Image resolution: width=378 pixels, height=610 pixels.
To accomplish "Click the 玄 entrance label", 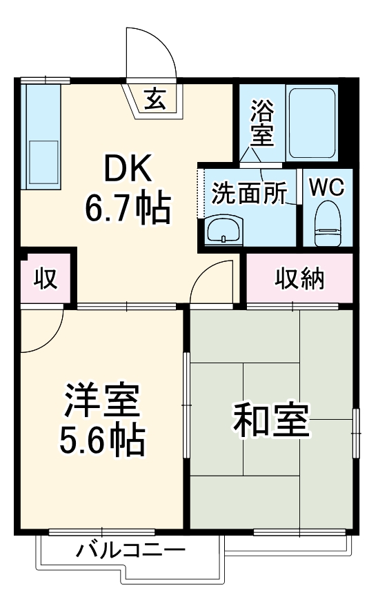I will click(x=155, y=101).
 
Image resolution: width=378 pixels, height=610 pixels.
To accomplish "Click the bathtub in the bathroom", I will click(x=312, y=123).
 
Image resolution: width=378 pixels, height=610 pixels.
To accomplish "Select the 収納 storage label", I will click(x=300, y=278).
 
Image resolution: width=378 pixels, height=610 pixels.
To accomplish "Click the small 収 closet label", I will click(x=45, y=279).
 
